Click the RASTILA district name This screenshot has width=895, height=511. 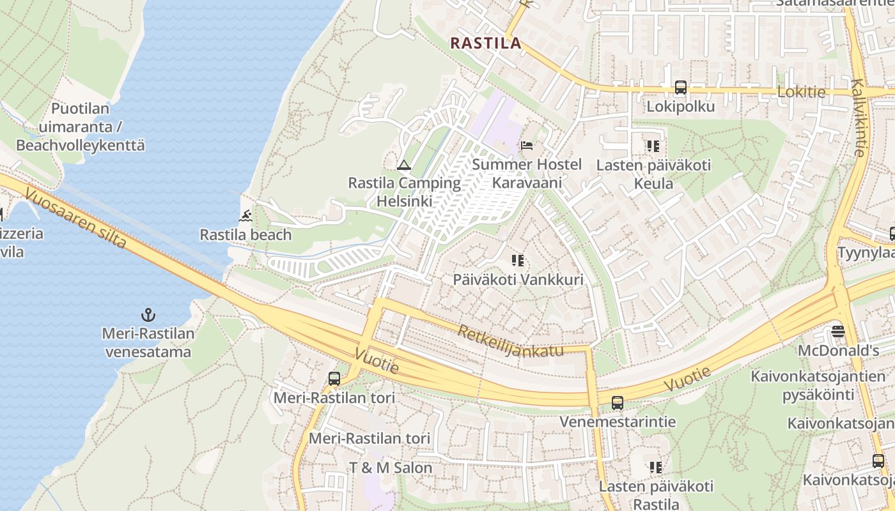tap(485, 43)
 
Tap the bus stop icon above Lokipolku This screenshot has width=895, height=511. tap(680, 88)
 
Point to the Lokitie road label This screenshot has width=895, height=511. tap(801, 92)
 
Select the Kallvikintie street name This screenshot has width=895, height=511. tap(858, 118)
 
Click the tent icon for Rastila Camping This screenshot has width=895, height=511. tap(403, 165)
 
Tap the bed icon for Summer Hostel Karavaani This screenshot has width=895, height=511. tap(527, 146)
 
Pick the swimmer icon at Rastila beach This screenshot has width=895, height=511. tap(245, 217)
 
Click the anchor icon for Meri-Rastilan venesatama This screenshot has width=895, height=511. tap(148, 315)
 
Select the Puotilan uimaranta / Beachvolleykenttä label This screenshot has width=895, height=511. tap(81, 127)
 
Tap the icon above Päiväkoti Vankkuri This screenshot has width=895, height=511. tap(518, 261)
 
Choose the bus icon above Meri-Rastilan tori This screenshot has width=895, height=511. tap(334, 379)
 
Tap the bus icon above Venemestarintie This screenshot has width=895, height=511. tap(617, 403)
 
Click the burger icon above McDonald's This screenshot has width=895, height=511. tap(838, 332)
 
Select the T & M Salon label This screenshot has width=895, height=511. tap(391, 468)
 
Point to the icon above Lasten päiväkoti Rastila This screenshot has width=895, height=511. tap(655, 468)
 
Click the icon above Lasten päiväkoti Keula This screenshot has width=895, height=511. tap(653, 146)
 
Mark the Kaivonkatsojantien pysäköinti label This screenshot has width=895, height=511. tap(818, 385)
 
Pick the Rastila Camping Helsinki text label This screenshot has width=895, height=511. tap(404, 192)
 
